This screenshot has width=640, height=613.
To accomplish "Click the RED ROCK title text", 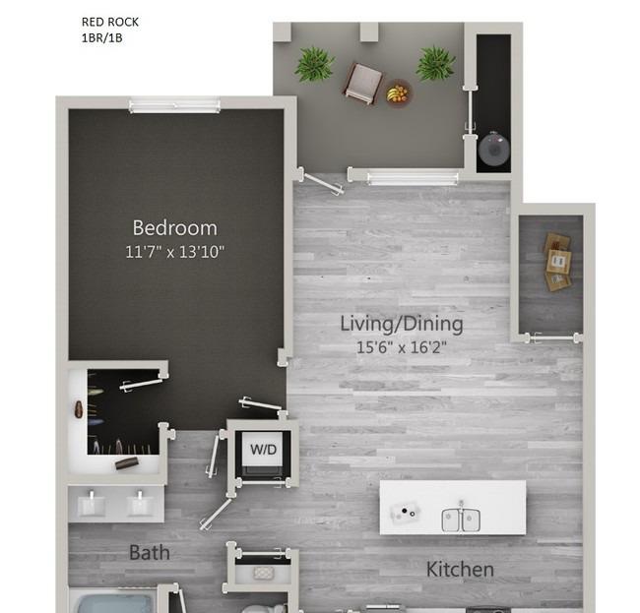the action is coord(110,22).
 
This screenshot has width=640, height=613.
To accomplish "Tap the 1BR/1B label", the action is coord(102,38).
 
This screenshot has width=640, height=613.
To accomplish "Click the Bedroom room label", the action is coord(174,227).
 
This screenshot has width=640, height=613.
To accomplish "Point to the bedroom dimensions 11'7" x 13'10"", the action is coord(174,252).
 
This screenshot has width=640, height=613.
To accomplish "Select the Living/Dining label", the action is coord(402,325).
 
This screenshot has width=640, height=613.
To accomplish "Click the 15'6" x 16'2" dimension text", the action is coord(402,347).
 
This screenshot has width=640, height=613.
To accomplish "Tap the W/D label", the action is coord(263,450).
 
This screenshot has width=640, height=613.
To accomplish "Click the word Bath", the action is coord(150,553).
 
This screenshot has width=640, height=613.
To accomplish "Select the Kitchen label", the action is coord(460,570).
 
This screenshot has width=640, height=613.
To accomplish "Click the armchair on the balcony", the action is coord(362,83).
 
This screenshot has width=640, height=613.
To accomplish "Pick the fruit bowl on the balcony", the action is coord(397,93).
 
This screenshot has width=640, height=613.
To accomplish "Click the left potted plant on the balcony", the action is coord(315,64).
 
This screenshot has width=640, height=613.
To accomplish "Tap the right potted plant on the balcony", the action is coord(435,63).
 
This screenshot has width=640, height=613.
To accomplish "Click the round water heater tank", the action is coord(494,149).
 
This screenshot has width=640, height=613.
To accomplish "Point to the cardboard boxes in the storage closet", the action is coord(557,262).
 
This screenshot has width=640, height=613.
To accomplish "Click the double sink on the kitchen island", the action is coord(461,520).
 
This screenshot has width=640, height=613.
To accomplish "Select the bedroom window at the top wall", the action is coord(174,105).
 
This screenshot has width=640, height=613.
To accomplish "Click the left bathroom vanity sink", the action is coord(92,505).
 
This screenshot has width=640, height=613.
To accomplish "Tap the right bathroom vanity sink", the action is coord(140,505).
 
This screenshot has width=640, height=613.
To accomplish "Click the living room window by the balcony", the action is coord(413,178).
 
